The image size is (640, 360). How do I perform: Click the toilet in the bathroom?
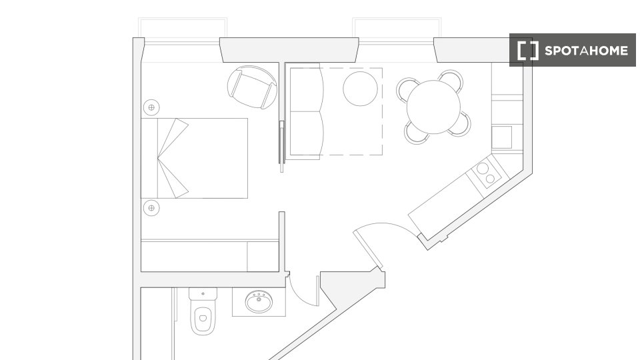pos(203,311)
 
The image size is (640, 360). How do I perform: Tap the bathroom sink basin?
pos(259,302)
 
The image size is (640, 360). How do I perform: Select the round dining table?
pos(433,107)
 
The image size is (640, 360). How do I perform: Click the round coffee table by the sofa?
pos(360,89)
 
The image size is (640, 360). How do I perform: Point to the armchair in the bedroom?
pos(252,87)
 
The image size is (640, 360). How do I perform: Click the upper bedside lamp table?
pos(151,107)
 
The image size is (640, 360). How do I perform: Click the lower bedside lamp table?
pos(151,208)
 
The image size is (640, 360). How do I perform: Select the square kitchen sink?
pos(501,137)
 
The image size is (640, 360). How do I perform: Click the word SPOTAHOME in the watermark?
pos(586,51)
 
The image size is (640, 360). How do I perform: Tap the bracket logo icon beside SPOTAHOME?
pos(528,51)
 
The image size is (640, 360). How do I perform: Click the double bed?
pos(194,159)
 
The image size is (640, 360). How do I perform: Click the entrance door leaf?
pos(368,249)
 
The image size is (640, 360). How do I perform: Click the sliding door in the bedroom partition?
pos(281,146)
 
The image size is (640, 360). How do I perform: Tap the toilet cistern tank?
pos(203,293)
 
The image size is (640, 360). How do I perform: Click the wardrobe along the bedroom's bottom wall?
pos(210,256)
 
